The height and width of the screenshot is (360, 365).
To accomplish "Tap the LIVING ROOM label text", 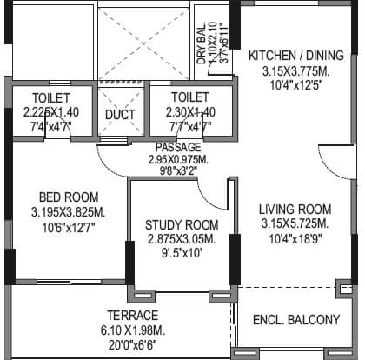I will [295, 209].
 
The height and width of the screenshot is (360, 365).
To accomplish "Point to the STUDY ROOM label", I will [182, 225].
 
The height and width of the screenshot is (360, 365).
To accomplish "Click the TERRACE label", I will [132, 315].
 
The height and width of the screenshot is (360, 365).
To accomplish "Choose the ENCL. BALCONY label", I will [296, 321].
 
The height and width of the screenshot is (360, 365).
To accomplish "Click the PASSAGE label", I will [178, 147].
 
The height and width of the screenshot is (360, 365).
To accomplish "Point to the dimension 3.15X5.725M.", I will [295, 223].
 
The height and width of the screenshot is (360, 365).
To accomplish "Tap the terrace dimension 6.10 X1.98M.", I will [132, 329].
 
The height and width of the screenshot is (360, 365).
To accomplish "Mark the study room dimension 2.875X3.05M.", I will [182, 239].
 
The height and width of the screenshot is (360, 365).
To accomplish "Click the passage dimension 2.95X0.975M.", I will [178, 159].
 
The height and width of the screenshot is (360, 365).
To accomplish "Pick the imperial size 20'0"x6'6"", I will [132, 343].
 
